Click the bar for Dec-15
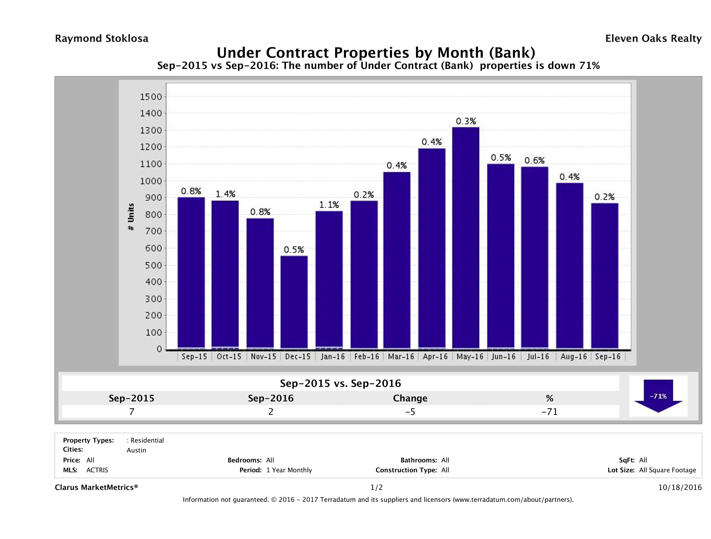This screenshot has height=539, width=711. [294, 302]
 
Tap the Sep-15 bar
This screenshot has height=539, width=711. [191, 273]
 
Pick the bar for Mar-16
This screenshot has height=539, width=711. [397, 260]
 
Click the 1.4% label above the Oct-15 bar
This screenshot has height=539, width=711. [225, 194]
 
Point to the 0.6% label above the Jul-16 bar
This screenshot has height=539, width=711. [534, 160]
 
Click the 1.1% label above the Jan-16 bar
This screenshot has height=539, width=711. [329, 205]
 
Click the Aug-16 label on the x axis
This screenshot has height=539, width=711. [574, 356]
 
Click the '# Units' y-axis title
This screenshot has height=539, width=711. [131, 217]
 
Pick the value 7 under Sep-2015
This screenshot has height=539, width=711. [132, 412]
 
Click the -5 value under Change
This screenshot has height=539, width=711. [410, 412]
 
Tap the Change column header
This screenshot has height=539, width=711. [410, 398]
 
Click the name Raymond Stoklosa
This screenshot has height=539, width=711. [102, 39]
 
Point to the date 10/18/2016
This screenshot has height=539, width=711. [680, 487]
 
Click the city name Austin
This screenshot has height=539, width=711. [136, 450]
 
